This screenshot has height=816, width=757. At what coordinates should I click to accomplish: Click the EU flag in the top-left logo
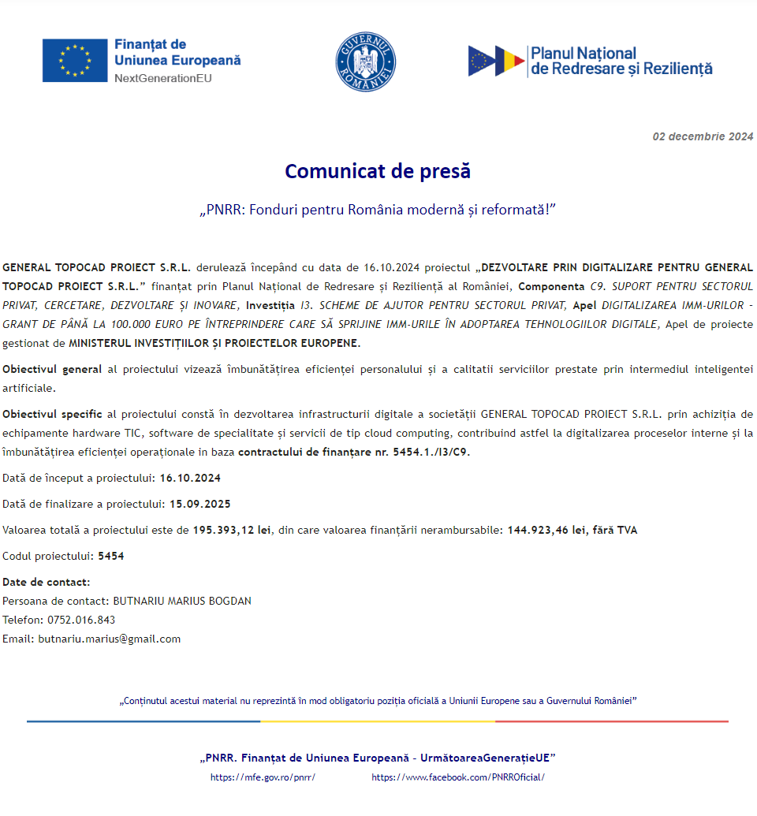coord(75,60)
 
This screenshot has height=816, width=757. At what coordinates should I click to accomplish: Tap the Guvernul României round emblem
coord(366,62)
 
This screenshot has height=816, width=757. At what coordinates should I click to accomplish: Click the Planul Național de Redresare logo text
coord(621,61)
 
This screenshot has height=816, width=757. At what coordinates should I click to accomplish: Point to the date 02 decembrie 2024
coord(703,136)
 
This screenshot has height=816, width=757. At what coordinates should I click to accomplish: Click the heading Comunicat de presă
coord(378,171)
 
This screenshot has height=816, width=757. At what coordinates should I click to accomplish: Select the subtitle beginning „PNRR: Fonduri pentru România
coord(378,211)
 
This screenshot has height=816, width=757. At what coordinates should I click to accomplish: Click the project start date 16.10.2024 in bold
coord(190,479)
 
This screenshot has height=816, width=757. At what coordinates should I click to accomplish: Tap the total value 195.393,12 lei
coord(232,530)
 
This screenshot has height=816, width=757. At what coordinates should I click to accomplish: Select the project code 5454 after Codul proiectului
coord(111,556)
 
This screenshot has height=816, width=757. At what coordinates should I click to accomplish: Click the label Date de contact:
coord(47,582)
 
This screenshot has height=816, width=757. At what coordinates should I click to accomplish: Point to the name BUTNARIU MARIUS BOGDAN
coord(182,601)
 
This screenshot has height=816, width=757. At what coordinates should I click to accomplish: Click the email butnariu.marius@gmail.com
coord(110,639)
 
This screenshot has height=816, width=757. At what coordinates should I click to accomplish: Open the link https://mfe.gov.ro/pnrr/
coord(263,777)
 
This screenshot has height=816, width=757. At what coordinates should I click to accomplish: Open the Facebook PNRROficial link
coord(457,777)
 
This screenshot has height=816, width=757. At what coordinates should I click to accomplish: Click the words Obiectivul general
coord(52,369)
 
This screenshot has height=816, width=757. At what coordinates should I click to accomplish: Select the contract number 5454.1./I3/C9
coord(431,453)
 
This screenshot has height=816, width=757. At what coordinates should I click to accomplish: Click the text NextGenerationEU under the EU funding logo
coord(163,78)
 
